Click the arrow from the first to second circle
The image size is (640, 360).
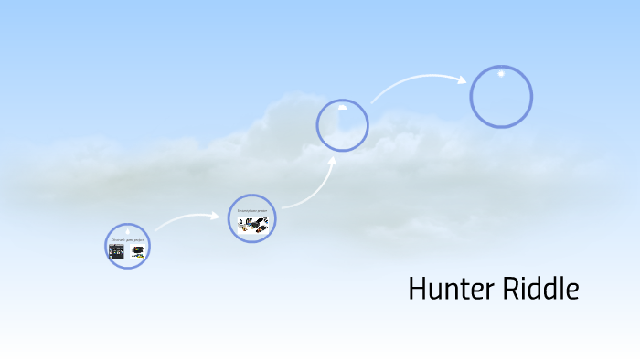(187, 218)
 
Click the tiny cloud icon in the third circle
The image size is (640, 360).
(342, 107)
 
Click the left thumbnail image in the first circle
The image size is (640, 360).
(117, 252)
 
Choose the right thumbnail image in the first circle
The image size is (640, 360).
(137, 253)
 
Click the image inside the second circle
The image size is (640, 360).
(251, 225)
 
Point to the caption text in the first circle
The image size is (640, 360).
(127, 240)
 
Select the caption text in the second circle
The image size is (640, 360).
(251, 210)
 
